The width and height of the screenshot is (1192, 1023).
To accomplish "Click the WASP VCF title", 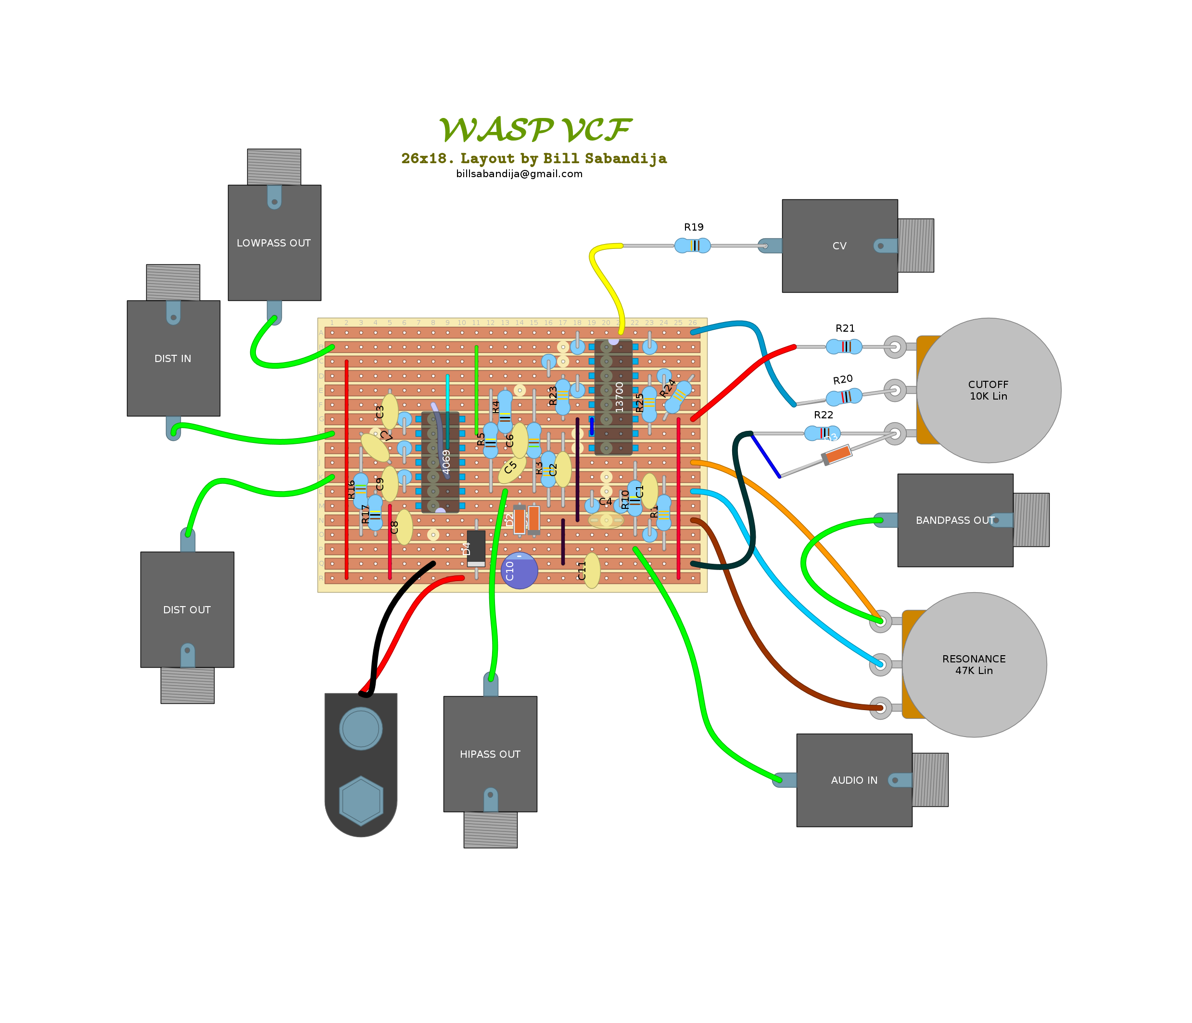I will (x=534, y=129).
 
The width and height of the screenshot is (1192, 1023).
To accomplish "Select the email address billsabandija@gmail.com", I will (x=519, y=174).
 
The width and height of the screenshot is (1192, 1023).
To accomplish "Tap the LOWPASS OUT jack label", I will (x=273, y=243).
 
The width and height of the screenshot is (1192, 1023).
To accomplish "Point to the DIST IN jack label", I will (x=173, y=359).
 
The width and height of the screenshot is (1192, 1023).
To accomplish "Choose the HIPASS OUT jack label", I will (x=490, y=754).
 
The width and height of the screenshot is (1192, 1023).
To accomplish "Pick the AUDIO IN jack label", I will (x=854, y=780).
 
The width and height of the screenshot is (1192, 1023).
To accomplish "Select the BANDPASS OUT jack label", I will (x=954, y=520).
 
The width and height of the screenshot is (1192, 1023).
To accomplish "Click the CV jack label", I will (x=839, y=246).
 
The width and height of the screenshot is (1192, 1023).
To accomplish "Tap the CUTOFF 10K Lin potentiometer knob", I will (x=989, y=390).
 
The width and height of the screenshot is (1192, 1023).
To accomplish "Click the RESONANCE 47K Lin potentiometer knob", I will (x=974, y=664).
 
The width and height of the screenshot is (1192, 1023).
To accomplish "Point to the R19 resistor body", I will (x=693, y=246).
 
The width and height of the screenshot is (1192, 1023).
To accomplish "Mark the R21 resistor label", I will (x=845, y=328).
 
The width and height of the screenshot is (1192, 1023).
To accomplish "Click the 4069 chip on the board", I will (x=440, y=462).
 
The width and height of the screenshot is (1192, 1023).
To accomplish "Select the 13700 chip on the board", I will (x=613, y=397).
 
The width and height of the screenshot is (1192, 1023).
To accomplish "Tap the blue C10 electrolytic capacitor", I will (x=520, y=570).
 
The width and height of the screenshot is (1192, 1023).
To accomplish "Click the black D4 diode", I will (x=476, y=548).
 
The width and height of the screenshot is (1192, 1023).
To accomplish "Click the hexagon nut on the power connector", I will (x=361, y=800).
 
